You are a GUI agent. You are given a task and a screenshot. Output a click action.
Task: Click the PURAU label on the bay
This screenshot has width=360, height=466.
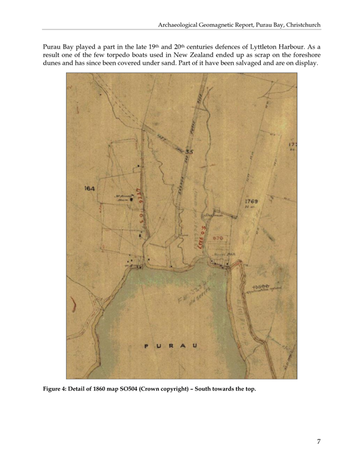click(x=172, y=347)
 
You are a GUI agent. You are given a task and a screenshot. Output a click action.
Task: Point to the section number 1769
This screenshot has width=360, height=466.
click(x=252, y=201)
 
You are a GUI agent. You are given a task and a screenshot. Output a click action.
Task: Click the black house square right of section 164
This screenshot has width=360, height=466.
click(x=132, y=199)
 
